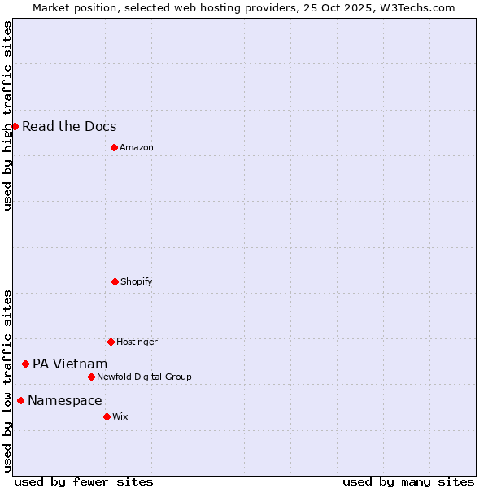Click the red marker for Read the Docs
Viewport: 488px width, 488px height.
(x=15, y=126)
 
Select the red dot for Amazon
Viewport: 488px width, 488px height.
(x=114, y=147)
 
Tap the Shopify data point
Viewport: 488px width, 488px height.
(x=115, y=281)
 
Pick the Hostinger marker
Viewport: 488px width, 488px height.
(x=111, y=342)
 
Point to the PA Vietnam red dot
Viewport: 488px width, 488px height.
(x=25, y=364)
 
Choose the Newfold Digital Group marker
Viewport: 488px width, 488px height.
(x=91, y=377)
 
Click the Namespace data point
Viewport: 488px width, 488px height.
(x=20, y=400)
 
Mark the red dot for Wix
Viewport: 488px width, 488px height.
(x=107, y=416)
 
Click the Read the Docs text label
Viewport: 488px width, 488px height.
(x=69, y=126)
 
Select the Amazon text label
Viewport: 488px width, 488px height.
(x=137, y=147)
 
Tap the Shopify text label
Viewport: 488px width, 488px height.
(x=137, y=281)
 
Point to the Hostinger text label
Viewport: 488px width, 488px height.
(x=137, y=342)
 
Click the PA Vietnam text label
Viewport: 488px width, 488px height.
(x=70, y=364)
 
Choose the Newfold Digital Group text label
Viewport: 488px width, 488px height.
(x=144, y=377)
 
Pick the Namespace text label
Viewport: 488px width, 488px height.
(x=65, y=400)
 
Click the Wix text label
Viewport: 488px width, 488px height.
(x=120, y=416)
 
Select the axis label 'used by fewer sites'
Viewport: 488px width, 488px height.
(x=84, y=481)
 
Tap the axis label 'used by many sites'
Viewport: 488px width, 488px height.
(x=408, y=481)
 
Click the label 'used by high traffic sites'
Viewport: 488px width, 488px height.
(x=7, y=115)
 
